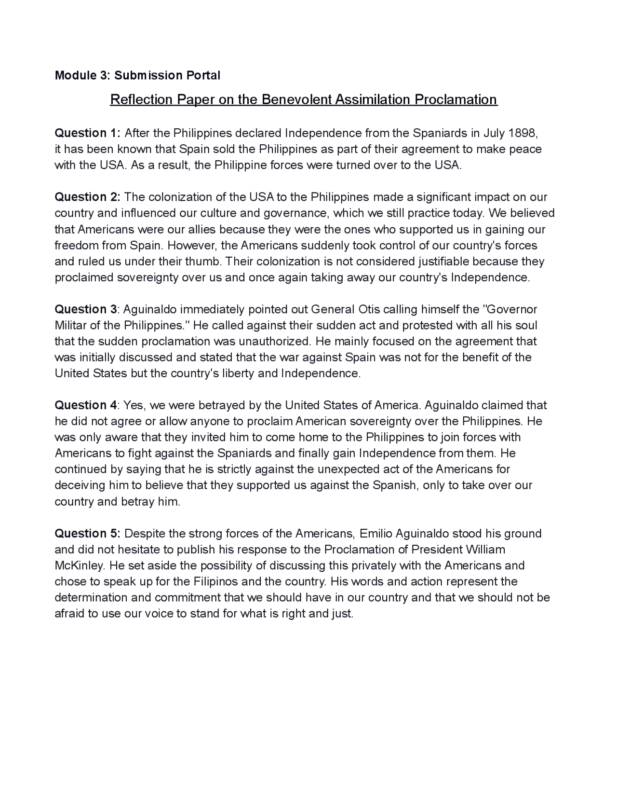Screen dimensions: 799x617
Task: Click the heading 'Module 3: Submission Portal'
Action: [137, 75]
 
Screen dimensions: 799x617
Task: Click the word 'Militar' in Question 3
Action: [71, 325]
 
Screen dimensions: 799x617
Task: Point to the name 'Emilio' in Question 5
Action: [376, 533]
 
